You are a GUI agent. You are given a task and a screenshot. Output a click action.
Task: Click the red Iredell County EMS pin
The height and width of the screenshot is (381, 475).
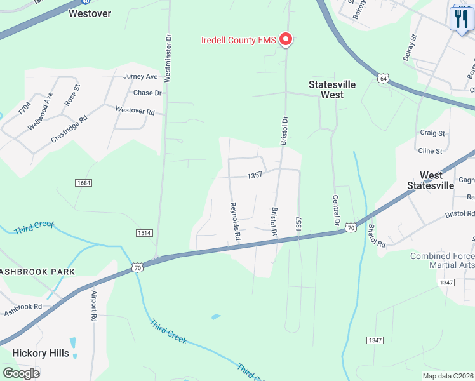(286, 40)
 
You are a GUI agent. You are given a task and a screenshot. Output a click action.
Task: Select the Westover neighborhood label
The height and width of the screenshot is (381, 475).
(90, 13)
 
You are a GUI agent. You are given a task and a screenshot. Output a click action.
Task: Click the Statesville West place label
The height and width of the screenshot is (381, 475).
(332, 90)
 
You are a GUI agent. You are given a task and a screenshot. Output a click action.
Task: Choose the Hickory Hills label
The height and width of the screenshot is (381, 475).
(41, 353)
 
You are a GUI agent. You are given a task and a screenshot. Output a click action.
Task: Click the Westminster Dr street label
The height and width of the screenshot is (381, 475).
(168, 58)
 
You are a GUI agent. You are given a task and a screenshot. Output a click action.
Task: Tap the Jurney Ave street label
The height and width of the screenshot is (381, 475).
(140, 77)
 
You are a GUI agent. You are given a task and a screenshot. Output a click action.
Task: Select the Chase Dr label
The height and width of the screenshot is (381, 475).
(147, 93)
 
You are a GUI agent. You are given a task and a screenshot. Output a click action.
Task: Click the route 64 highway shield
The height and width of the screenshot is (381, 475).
(382, 78)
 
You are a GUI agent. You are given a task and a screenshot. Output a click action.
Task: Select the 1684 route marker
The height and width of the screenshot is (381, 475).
(83, 183)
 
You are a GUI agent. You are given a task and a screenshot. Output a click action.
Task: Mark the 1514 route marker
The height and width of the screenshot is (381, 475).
(144, 234)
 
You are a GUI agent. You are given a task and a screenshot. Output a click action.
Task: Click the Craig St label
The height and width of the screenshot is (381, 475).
(432, 133)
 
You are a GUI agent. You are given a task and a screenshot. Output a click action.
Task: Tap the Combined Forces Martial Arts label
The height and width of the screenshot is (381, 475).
(443, 260)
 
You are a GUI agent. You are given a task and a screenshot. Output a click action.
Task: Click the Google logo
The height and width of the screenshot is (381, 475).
(22, 373)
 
